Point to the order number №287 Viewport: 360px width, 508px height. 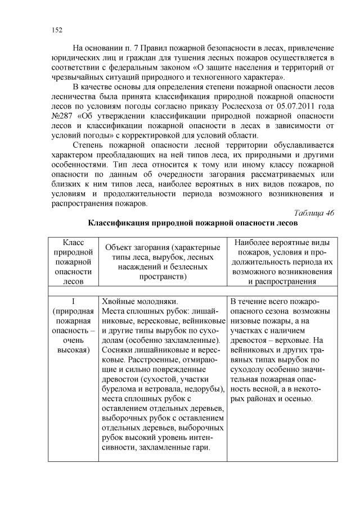point(61,118)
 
